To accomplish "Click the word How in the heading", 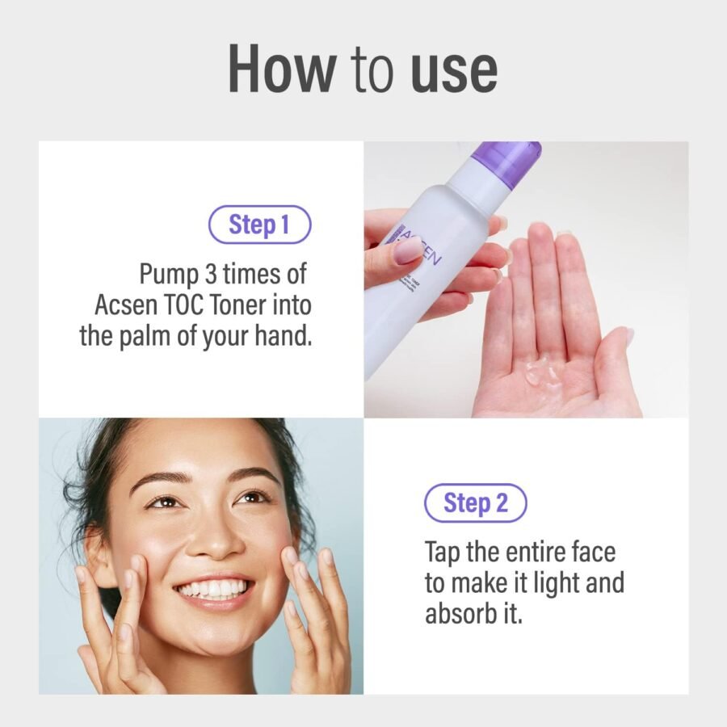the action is coord(281,68).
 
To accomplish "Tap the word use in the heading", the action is coord(454,73).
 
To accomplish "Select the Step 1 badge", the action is coord(259,225).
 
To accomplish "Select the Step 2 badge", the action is coord(476,503).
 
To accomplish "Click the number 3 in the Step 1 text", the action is coord(211,274).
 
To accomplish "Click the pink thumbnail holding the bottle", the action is coord(407,253).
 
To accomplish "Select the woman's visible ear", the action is coord(99,557).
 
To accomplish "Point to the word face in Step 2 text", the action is coord(594,552).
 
